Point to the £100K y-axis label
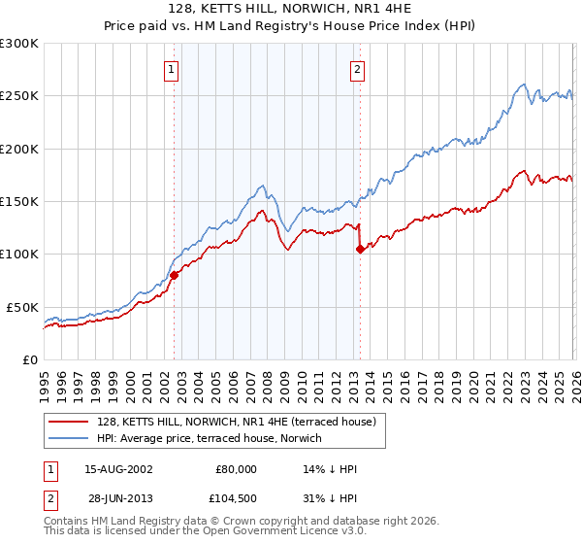19,254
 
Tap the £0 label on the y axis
29,359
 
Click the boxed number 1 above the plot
172,69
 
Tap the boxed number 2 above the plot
358,69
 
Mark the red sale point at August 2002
175,275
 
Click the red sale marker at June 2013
360,249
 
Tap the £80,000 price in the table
235,469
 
